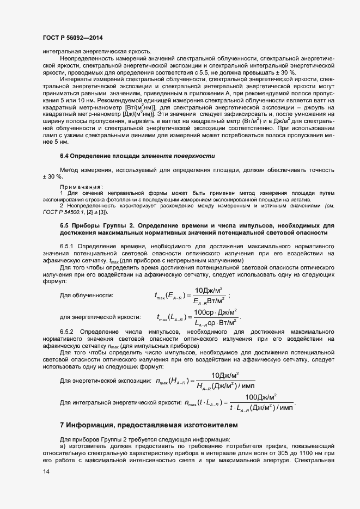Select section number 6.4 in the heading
(65, 156)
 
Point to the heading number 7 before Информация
(62, 425)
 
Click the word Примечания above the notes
(77, 187)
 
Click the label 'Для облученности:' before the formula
(86, 295)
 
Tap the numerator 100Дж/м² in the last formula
(261, 397)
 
